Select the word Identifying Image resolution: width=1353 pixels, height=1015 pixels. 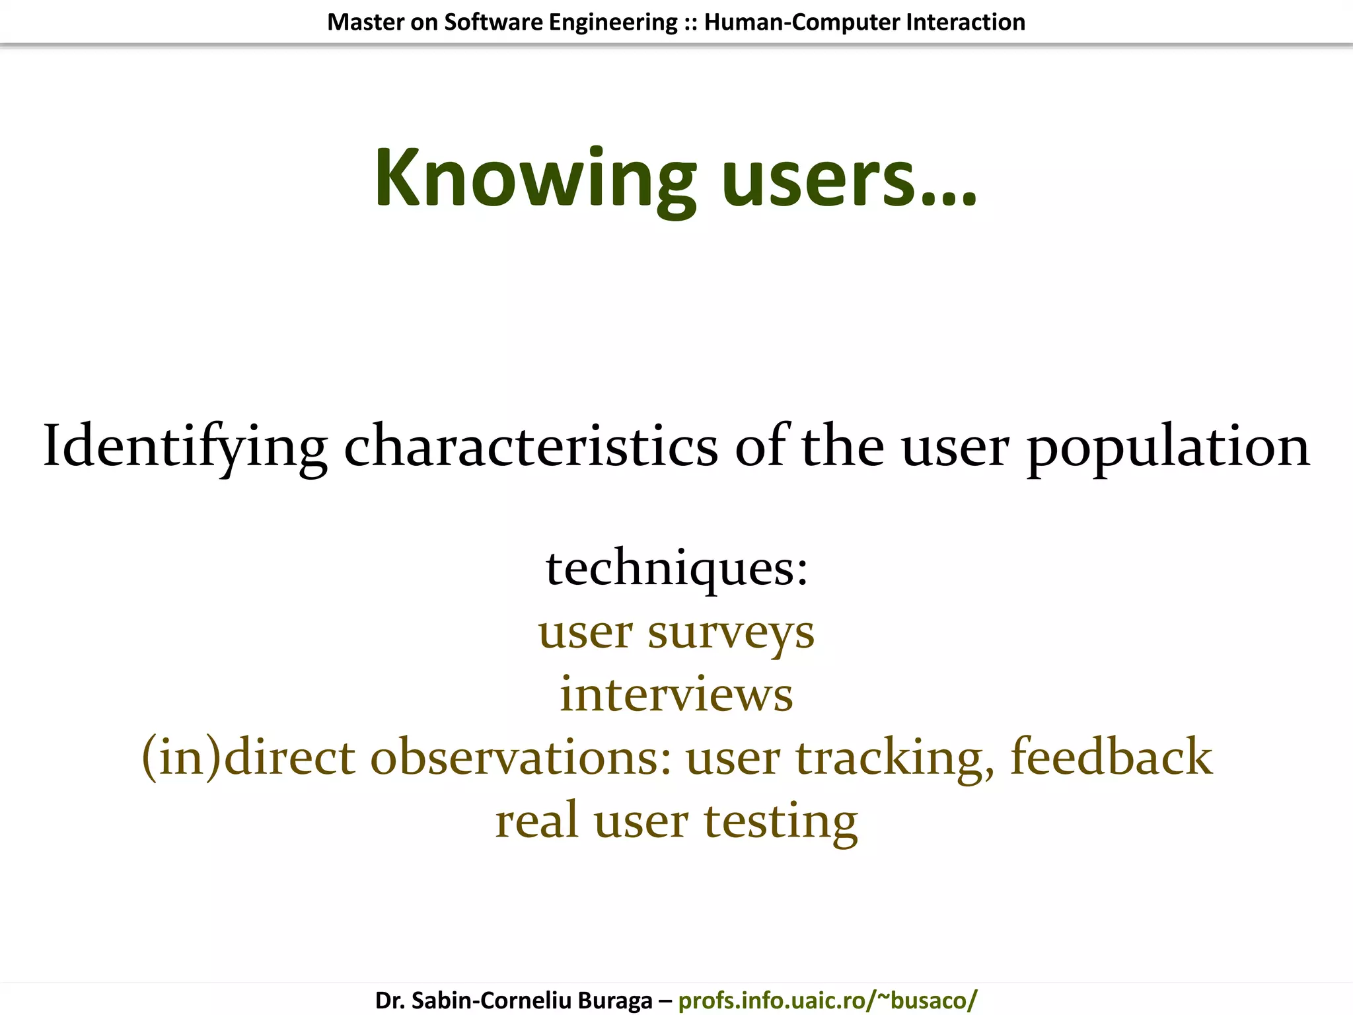[185, 447]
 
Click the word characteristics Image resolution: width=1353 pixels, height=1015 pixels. [530, 447]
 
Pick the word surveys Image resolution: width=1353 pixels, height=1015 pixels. [731, 633]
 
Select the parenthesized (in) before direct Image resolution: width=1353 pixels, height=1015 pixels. [181, 757]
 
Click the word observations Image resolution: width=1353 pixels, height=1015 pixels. [520, 757]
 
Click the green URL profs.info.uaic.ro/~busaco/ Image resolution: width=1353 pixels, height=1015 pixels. [827, 1000]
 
